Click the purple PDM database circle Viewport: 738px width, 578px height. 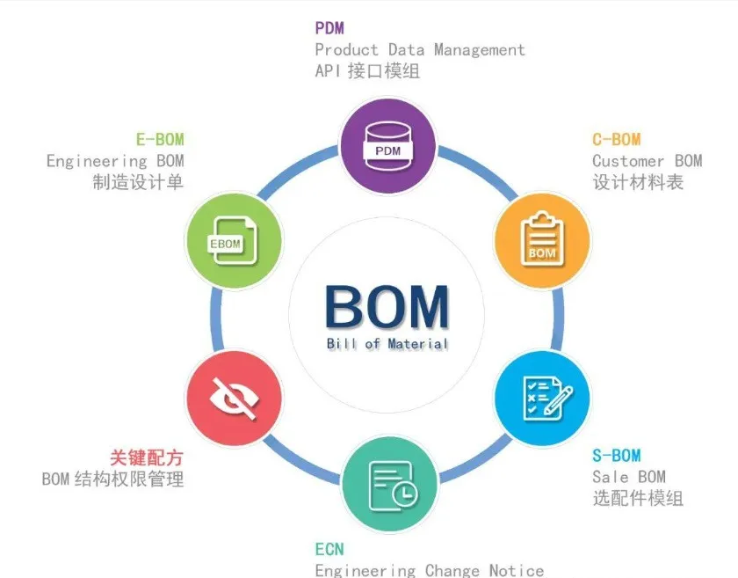click(x=387, y=144)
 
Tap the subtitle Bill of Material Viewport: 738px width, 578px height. click(x=387, y=343)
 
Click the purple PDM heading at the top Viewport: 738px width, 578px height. click(x=329, y=29)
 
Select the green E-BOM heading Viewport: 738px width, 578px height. click(x=160, y=140)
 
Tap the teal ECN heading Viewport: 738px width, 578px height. click(x=329, y=549)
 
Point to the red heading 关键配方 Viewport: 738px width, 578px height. click(x=147, y=458)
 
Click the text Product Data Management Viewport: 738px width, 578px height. click(x=420, y=50)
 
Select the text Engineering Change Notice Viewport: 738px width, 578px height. click(x=430, y=570)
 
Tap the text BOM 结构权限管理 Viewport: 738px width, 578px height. click(x=113, y=479)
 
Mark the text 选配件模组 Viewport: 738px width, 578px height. click(x=637, y=498)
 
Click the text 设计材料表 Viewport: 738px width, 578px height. click(x=637, y=182)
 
